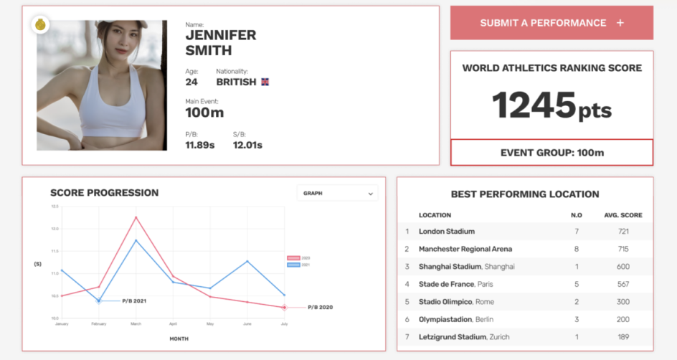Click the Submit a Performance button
pos(551,23)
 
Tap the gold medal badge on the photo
pos(40,25)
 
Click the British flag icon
pos(265,82)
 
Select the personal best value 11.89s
pos(200,145)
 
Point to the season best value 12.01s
pos(247,145)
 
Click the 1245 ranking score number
pos(534,106)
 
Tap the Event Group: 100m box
pos(551,152)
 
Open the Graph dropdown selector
pos(337,193)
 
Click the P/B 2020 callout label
pos(320,307)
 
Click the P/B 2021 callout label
pos(134,300)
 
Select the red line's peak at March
pos(136,217)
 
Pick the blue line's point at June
pos(247,261)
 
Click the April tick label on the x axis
pos(173,324)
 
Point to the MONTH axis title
pos(179,338)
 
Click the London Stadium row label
pos(446,232)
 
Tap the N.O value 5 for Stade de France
pos(576,284)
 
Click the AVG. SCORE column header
pos(622,215)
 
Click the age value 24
pos(191,82)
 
